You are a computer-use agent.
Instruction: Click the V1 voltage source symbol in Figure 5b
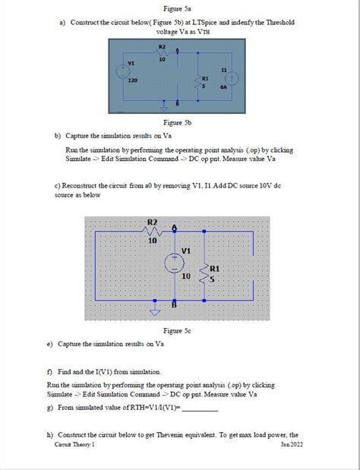122,72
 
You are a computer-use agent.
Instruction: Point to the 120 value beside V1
131,80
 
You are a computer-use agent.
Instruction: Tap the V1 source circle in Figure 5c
175,262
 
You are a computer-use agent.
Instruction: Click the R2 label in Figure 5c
152,222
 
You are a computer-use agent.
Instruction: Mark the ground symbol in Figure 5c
156,311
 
